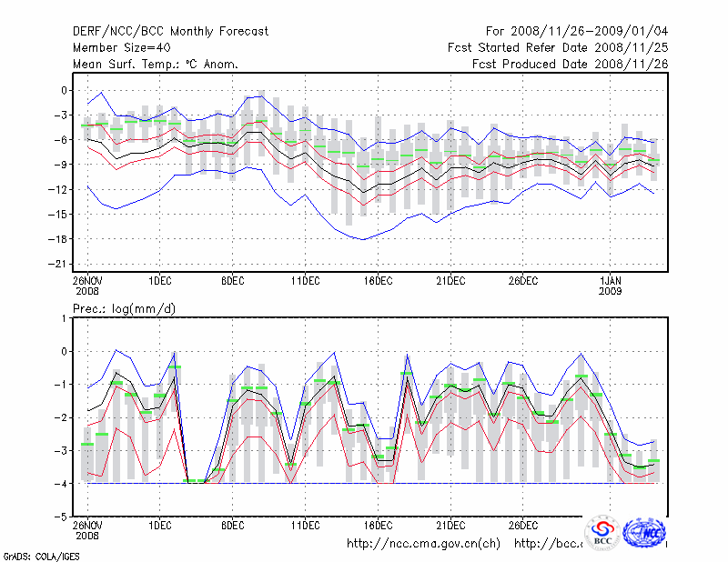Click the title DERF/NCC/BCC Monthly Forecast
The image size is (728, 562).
click(170, 32)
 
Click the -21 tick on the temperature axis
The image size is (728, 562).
click(62, 264)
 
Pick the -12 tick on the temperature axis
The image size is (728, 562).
click(62, 189)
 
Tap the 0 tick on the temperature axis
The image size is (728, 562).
click(66, 90)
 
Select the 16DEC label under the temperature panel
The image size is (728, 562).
click(378, 280)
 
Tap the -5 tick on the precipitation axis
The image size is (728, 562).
click(62, 517)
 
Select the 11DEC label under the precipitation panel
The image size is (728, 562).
click(305, 526)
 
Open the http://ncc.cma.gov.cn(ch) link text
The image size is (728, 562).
click(423, 544)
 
